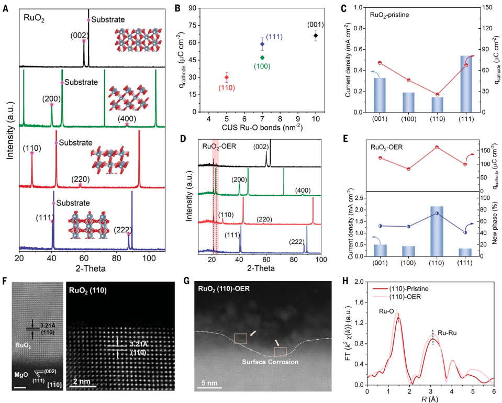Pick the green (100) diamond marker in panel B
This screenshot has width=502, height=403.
[x=262, y=57]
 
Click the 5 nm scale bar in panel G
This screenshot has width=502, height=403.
[x=210, y=388]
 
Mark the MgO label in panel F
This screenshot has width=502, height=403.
[x=22, y=376]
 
